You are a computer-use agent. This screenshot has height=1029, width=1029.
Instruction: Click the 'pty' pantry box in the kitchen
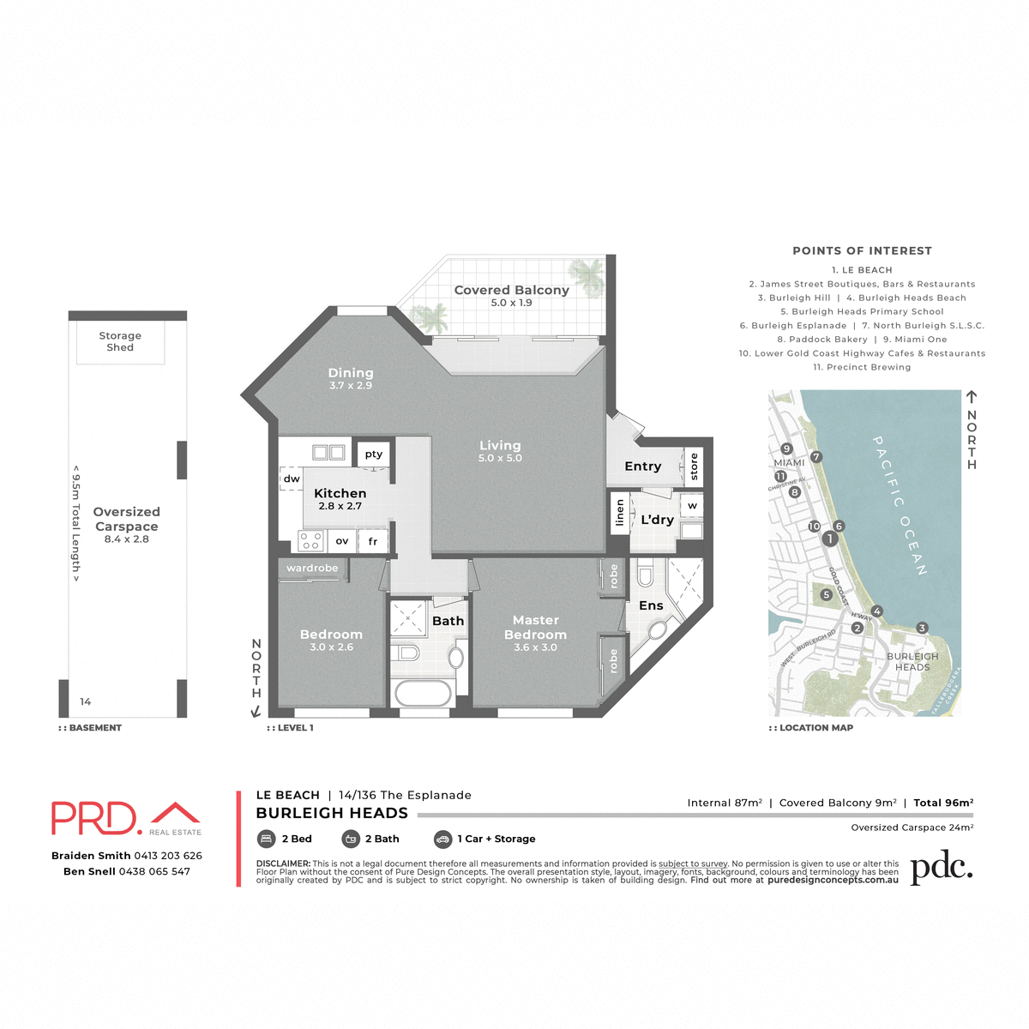(x=374, y=454)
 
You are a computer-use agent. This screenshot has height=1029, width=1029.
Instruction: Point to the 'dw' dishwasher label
(x=292, y=478)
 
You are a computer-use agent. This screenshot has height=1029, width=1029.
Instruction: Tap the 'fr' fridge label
(x=373, y=541)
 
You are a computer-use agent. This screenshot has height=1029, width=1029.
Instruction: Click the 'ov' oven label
(x=342, y=541)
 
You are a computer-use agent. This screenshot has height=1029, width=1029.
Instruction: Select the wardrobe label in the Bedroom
(x=312, y=569)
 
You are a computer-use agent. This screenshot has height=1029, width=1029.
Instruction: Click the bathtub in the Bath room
(x=421, y=693)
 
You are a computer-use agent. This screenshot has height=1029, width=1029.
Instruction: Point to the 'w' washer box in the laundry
(x=692, y=505)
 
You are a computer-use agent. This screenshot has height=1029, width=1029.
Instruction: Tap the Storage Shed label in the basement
(x=120, y=341)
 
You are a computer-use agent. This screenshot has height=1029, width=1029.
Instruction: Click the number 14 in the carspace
(x=86, y=701)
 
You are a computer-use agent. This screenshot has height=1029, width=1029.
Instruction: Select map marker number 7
(x=816, y=457)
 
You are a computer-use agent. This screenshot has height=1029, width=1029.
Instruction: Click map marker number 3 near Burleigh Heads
(x=922, y=628)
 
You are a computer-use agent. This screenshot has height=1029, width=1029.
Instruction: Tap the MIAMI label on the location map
(x=789, y=462)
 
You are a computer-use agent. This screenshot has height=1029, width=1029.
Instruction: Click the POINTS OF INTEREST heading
(x=862, y=251)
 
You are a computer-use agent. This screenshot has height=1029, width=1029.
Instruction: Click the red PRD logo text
(x=94, y=818)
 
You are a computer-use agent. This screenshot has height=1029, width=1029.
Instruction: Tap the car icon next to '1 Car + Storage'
(x=442, y=839)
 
